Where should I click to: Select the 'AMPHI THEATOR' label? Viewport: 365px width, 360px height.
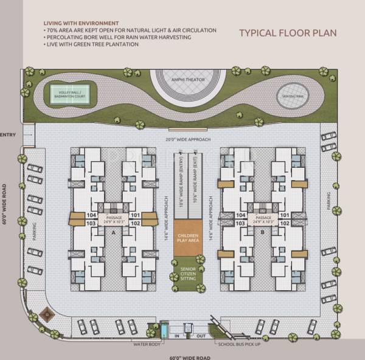(187, 79)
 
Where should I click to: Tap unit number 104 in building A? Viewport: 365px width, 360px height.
(91, 215)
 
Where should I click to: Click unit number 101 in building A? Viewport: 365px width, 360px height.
(135, 215)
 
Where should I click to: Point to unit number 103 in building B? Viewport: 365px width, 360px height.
(240, 223)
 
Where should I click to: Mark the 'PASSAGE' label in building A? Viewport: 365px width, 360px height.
(114, 217)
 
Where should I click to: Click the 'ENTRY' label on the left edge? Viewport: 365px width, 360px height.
(8, 134)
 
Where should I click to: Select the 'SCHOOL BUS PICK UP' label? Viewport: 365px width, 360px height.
(240, 344)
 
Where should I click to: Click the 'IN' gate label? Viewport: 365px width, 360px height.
(177, 334)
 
